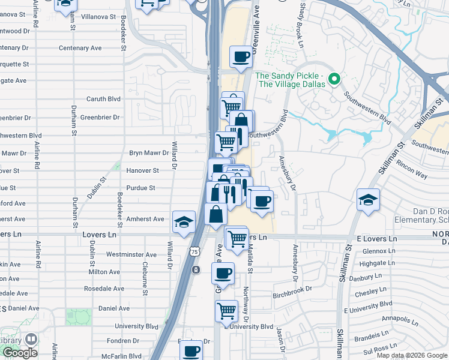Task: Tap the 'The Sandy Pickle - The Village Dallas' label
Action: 291,79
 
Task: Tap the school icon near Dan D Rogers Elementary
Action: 368,200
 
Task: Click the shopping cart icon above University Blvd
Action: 226,311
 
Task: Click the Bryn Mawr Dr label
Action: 149,153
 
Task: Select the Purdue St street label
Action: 141,188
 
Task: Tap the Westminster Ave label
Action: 131,254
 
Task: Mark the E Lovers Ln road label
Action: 377,238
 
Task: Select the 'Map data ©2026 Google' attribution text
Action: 412,355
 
